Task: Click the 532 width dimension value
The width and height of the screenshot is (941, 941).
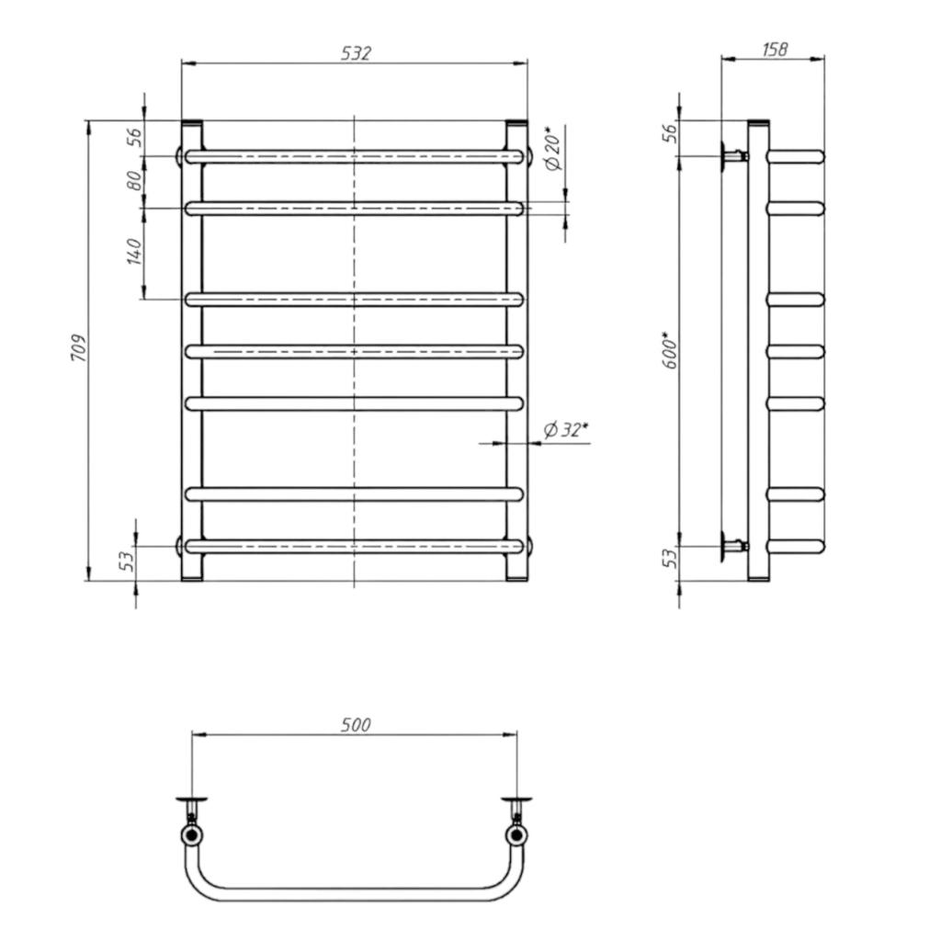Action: tap(357, 53)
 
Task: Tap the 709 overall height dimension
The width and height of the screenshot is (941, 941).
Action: tap(80, 348)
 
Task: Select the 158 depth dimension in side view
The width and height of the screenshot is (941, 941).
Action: tap(775, 50)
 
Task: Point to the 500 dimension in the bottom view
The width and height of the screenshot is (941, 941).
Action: tap(356, 725)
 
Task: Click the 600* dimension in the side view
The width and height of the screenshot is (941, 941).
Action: tap(670, 350)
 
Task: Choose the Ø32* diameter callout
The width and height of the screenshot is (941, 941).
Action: tap(565, 430)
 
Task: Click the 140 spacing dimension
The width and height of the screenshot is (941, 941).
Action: tap(134, 252)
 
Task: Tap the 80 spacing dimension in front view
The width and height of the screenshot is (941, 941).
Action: tap(134, 181)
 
